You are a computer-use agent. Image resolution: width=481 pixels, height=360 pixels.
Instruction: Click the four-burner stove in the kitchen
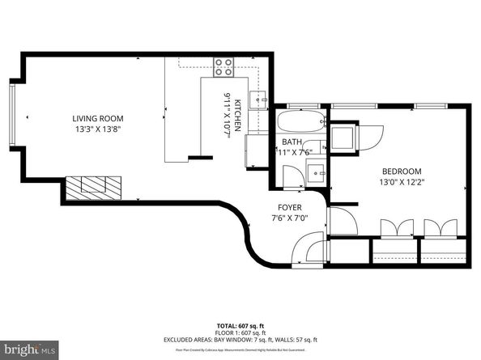tap(224, 68)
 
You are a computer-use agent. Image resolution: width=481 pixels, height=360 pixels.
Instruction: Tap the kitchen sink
tap(258, 100)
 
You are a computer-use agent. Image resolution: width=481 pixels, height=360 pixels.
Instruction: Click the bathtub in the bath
tap(300, 125)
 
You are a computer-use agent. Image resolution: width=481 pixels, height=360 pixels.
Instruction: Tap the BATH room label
tap(291, 142)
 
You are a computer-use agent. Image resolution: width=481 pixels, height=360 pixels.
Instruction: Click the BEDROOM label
tap(402, 171)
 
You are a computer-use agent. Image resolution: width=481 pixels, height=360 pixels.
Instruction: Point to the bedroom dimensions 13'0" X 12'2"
tap(402, 182)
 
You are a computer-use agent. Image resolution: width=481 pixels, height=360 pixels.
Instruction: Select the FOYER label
tap(289, 206)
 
